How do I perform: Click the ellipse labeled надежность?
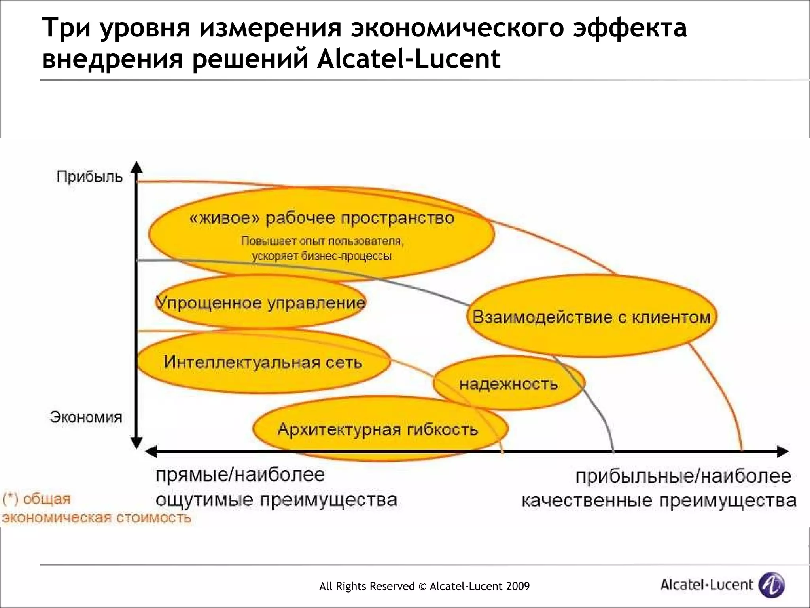pos(509,384)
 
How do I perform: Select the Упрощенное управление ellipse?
pos(260,303)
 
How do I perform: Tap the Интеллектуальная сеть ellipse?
pos(263,362)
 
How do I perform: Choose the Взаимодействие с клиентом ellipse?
pos(592,317)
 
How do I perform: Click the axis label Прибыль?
pos(89,177)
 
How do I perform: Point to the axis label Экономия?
pos(86,417)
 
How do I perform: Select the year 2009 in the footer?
pos(517,586)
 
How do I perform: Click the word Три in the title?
pos(66,28)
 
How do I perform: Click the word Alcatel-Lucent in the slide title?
pos(409,59)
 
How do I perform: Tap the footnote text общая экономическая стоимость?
pos(97,509)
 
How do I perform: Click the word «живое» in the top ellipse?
pos(225,218)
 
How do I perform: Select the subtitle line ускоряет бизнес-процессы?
pos(322,256)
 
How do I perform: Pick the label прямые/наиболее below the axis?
pos(240,475)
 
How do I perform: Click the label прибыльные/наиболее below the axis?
pos(683,476)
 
